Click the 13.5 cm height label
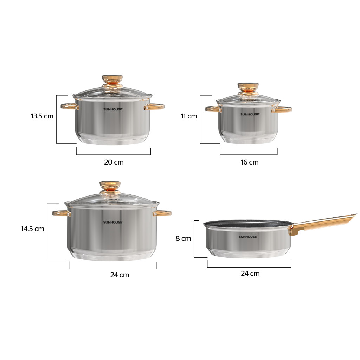[42, 116]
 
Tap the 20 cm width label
[114, 162]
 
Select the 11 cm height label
[189, 116]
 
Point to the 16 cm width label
[250, 162]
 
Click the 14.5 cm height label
[33, 229]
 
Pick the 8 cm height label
[183, 239]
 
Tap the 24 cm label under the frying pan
[250, 274]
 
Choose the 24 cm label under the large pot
[120, 275]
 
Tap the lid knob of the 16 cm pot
[248, 89]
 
